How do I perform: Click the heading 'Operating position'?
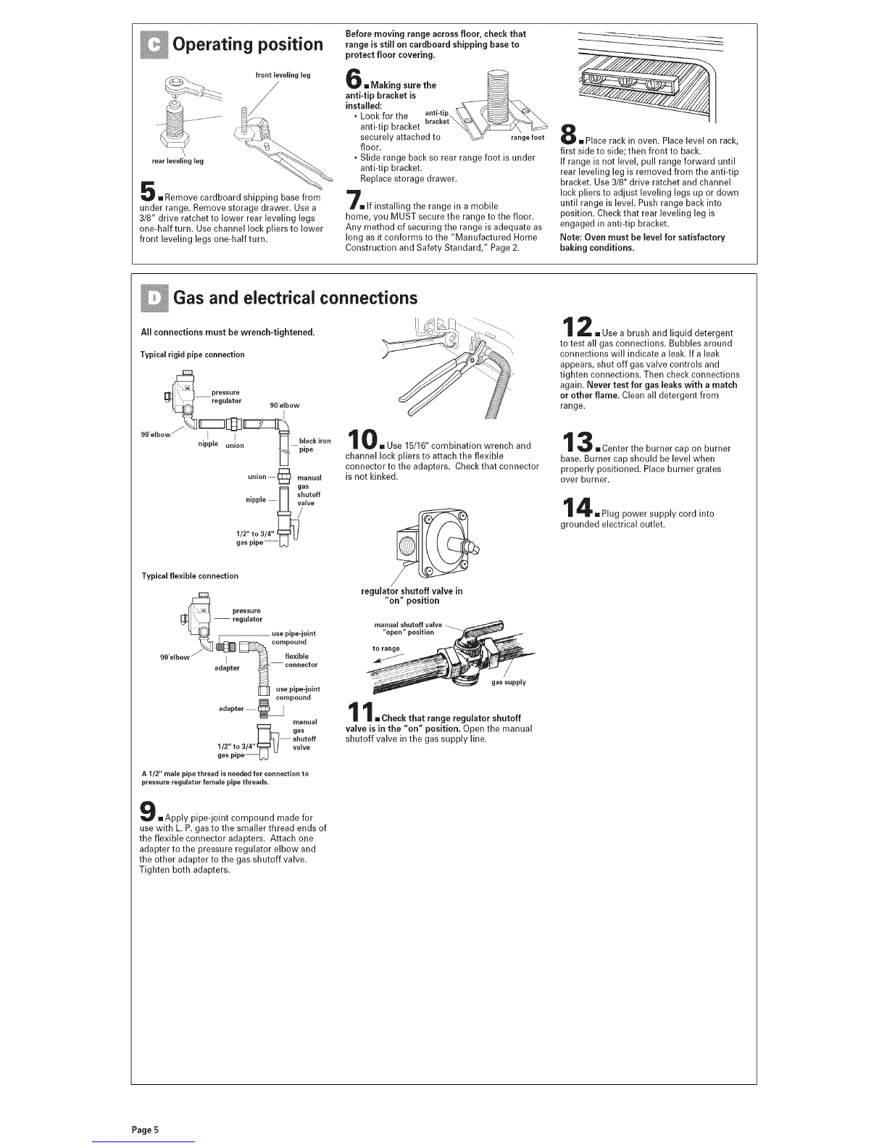tap(247, 44)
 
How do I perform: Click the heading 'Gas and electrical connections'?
tap(295, 297)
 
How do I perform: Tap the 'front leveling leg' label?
tap(283, 75)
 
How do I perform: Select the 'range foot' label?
tap(528, 138)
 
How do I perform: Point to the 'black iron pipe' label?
tap(315, 445)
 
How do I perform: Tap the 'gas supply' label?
tap(508, 682)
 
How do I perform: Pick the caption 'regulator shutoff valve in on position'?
tap(412, 595)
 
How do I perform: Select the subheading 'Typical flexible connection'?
tap(189, 575)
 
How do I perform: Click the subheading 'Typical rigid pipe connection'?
tap(192, 354)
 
